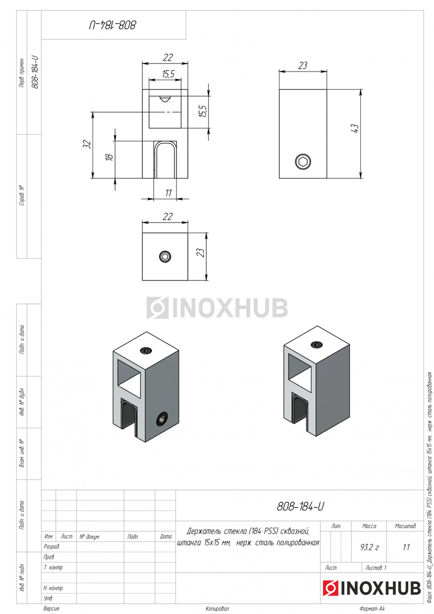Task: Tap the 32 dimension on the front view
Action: [86, 144]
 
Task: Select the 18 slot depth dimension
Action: [109, 157]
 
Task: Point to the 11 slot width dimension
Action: [168, 193]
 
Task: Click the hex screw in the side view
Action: [303, 162]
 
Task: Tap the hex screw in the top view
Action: [165, 256]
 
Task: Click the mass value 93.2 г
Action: [370, 547]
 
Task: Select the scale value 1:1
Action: [406, 547]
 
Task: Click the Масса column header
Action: [369, 526]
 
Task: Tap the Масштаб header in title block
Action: [405, 526]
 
